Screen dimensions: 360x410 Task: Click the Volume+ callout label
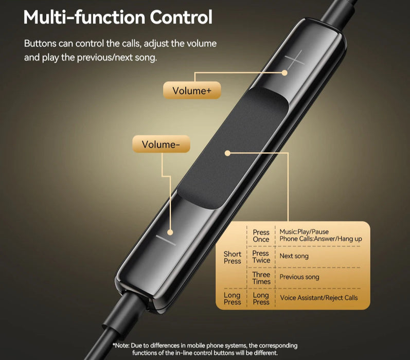pyautogui.click(x=192, y=91)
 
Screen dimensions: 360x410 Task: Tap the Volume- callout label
pyautogui.click(x=161, y=145)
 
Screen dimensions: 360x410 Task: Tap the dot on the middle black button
pyautogui.click(x=227, y=152)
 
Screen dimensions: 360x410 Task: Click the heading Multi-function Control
pyautogui.click(x=118, y=17)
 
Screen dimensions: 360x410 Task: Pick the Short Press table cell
pyautogui.click(x=233, y=258)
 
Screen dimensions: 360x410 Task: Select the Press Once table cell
pyautogui.click(x=261, y=236)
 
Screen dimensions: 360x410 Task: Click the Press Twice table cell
pyautogui.click(x=261, y=257)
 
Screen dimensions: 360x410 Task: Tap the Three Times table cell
pyautogui.click(x=261, y=278)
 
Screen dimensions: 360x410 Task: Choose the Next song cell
pyautogui.click(x=294, y=256)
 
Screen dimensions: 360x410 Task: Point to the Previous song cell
pyautogui.click(x=299, y=277)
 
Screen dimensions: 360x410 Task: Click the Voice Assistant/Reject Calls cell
pyautogui.click(x=318, y=298)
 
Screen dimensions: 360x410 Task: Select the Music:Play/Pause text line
pyautogui.click(x=304, y=232)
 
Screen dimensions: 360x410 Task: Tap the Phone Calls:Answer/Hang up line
pyautogui.click(x=320, y=239)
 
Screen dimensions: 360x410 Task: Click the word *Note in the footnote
pyautogui.click(x=122, y=346)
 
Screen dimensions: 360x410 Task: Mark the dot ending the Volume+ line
pyautogui.click(x=284, y=73)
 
